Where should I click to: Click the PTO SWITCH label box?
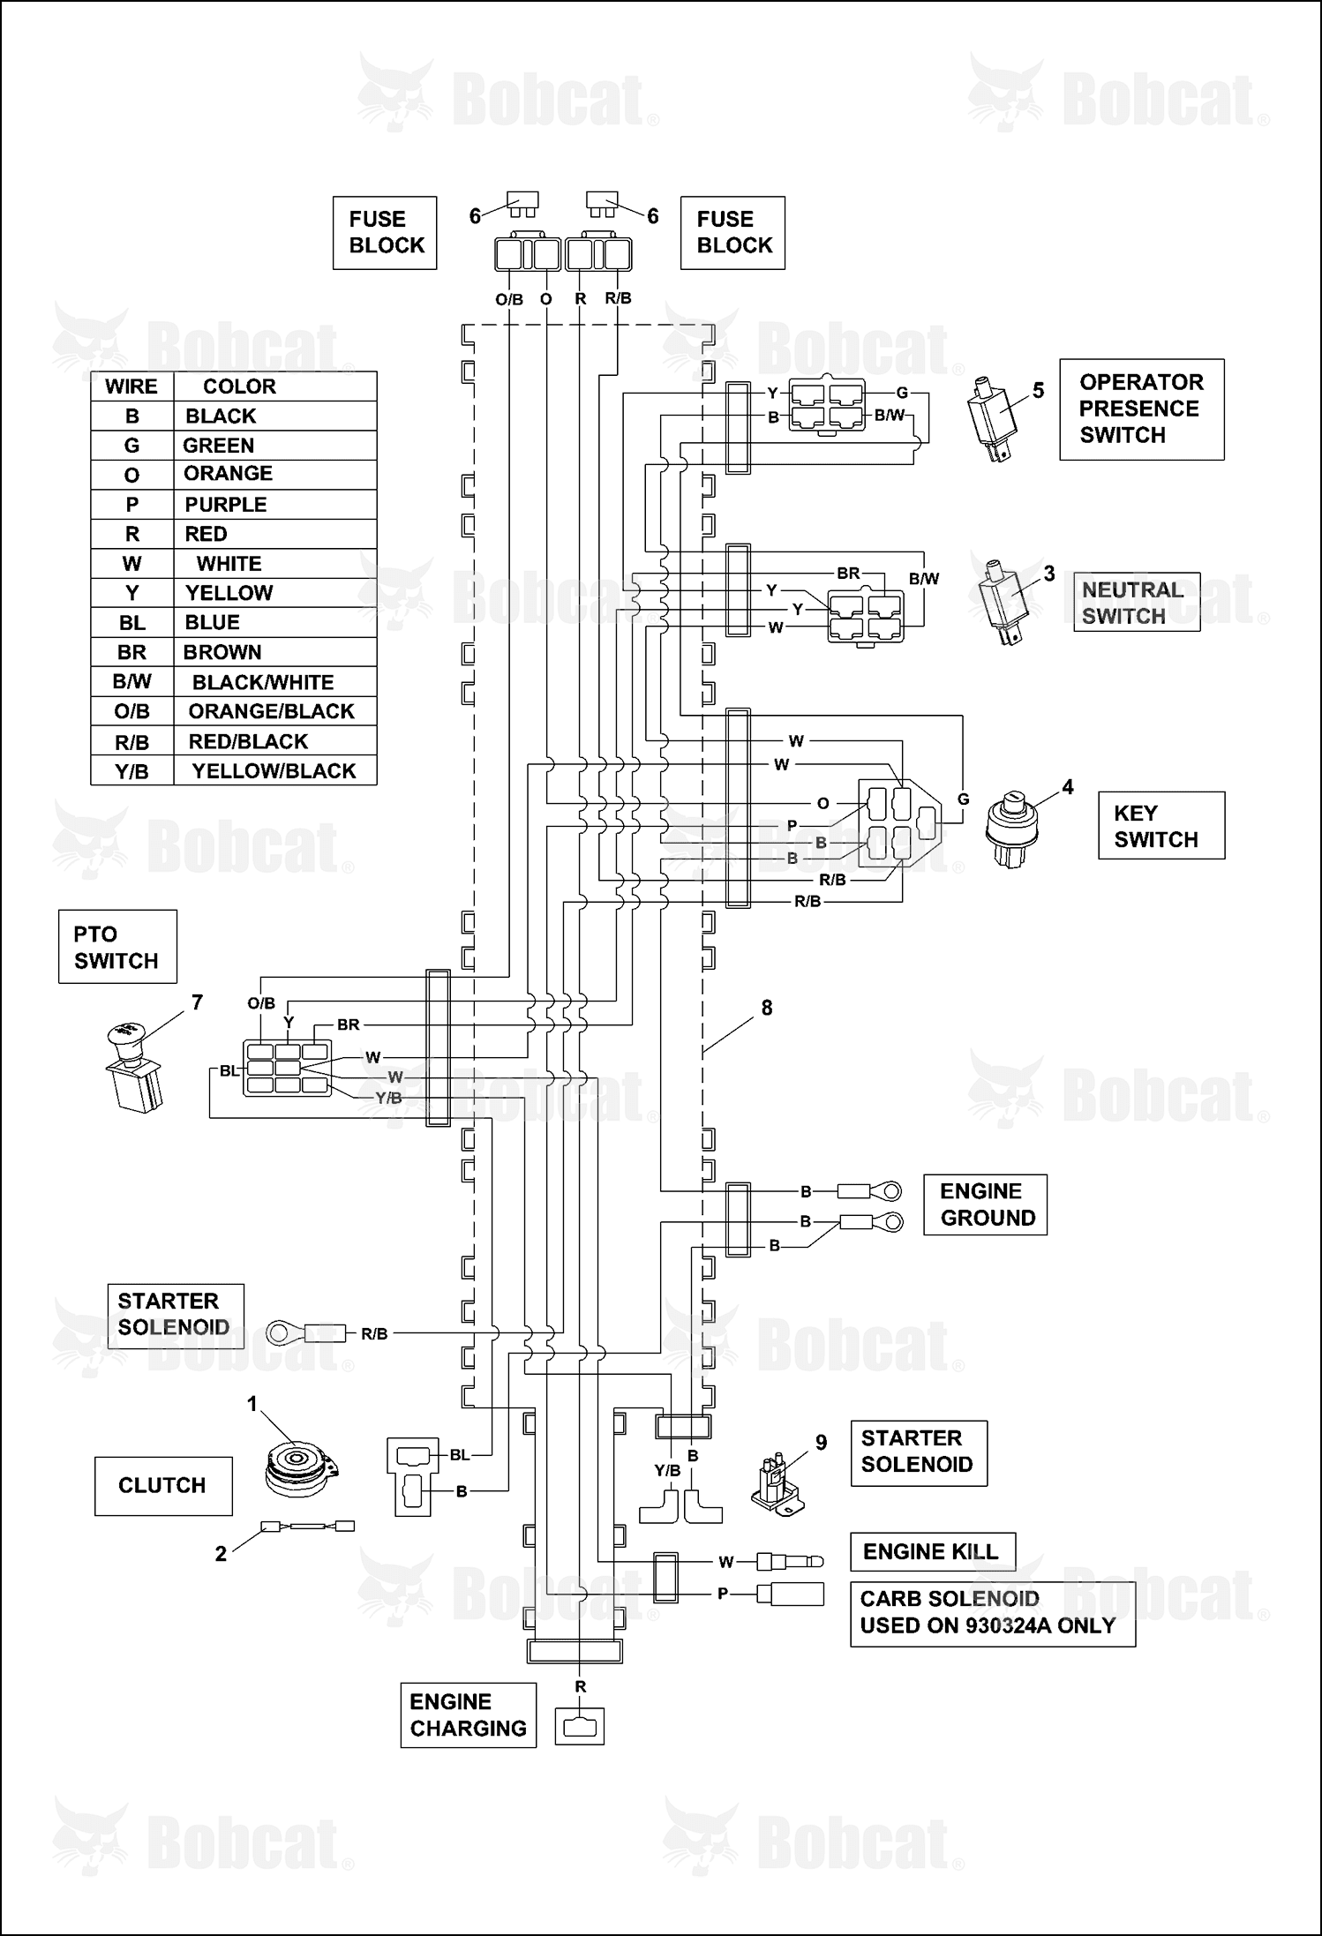[117, 947]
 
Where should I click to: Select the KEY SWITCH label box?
[1161, 825]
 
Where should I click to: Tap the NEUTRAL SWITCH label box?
[1136, 602]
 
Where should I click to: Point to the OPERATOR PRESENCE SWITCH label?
[1142, 409]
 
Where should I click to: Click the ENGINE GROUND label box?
[985, 1204]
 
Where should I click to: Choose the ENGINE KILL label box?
[933, 1552]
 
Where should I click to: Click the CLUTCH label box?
[163, 1486]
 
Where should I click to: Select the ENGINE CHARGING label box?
[469, 1715]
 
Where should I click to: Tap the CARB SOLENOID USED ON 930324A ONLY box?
[993, 1614]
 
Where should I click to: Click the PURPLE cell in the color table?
[275, 505]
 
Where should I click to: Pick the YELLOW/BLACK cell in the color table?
[275, 771]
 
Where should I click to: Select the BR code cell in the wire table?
[132, 652]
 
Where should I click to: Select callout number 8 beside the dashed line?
[766, 1008]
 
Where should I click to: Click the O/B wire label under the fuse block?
[509, 299]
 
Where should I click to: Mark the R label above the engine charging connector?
[580, 1686]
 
